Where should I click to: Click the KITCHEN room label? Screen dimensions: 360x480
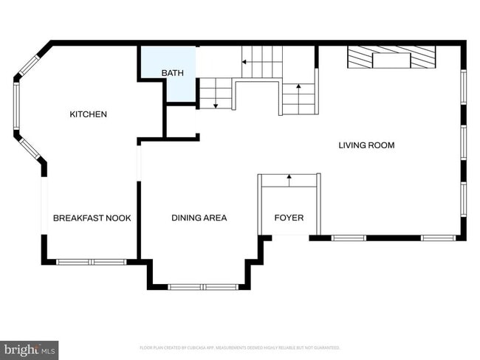click(x=88, y=114)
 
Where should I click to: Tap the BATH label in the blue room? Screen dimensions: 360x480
click(x=172, y=73)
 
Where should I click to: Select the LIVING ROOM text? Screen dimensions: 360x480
click(x=366, y=145)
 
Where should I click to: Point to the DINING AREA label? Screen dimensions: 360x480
click(x=199, y=218)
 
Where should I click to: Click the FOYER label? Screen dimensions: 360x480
click(x=289, y=218)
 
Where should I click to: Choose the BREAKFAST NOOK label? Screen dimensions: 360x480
click(x=92, y=218)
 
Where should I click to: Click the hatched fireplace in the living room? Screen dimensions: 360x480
click(x=391, y=57)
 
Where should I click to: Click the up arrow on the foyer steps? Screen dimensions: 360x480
click(x=289, y=178)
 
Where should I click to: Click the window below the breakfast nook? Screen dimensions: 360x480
click(x=92, y=261)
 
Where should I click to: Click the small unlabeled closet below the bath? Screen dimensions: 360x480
click(x=180, y=121)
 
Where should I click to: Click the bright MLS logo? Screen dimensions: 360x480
click(x=30, y=350)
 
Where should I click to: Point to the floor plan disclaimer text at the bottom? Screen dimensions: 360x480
click(x=239, y=347)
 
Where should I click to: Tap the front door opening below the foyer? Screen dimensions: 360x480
click(x=290, y=236)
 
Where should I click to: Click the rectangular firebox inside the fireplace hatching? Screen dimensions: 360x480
click(x=391, y=60)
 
